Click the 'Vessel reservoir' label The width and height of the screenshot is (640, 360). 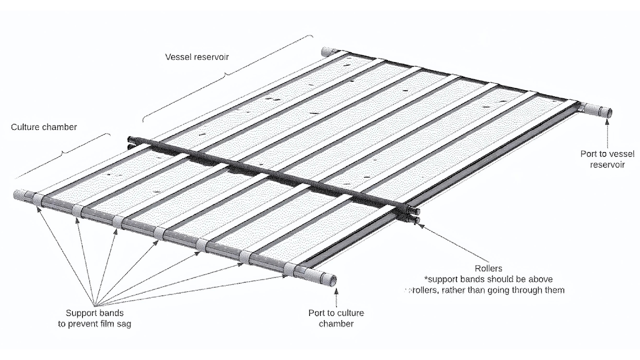pyautogui.click(x=197, y=57)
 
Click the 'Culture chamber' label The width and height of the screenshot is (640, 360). pyautogui.click(x=44, y=127)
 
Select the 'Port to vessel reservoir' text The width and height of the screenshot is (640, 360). pyautogui.click(x=607, y=159)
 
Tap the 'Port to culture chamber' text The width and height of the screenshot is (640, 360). pyautogui.click(x=336, y=318)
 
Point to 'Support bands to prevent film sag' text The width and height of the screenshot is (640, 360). pyautogui.click(x=94, y=318)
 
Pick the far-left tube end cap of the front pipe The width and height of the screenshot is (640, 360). pyautogui.click(x=20, y=195)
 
